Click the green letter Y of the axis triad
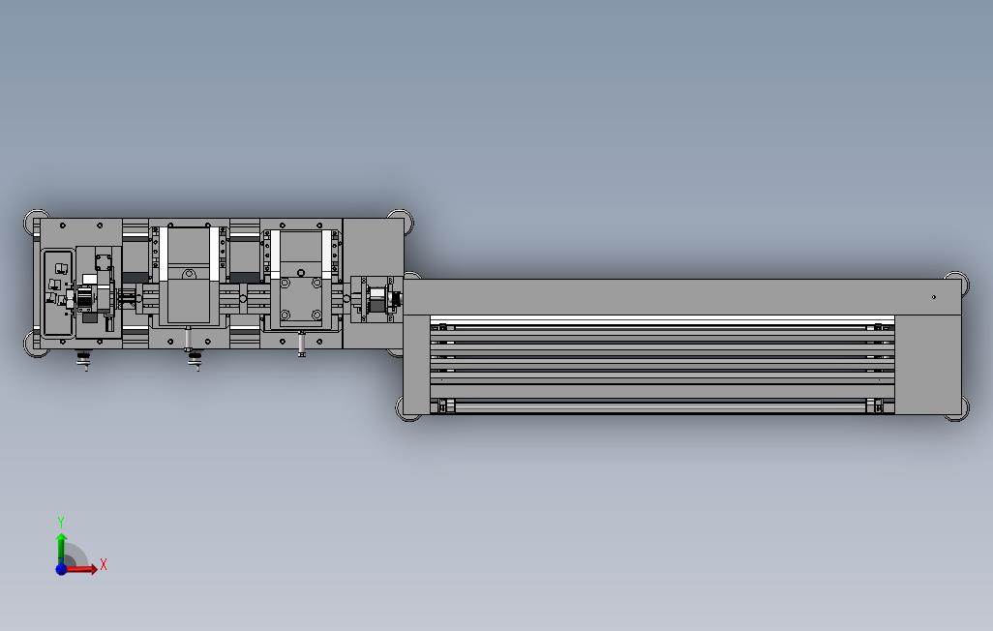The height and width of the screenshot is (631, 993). point(61,522)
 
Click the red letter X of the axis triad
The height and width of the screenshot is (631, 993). point(104,564)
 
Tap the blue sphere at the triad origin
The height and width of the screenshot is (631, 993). point(61,569)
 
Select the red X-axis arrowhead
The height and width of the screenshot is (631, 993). point(93,568)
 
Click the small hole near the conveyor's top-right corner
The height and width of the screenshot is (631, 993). point(933,297)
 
